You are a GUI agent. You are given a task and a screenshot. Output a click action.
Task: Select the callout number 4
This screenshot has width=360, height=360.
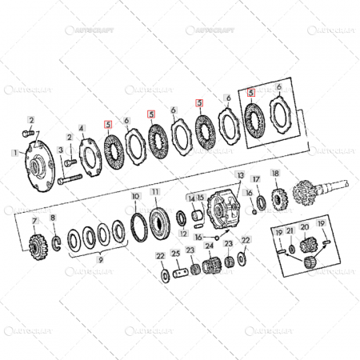pos(81,127)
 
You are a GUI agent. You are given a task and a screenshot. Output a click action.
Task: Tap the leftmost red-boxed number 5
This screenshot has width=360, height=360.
pos(107,124)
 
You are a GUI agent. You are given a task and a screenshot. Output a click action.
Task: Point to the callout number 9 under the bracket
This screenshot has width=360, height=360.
pos(100,260)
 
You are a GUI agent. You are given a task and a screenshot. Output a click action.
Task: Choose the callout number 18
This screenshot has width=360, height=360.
pos(275,174)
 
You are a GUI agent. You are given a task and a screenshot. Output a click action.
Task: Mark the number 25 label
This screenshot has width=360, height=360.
pos(176,254)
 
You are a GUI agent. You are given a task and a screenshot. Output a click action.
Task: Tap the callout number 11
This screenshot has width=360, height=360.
pos(154,193)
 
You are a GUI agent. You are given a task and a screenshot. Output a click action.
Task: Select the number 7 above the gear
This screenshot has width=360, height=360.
pos(34,219)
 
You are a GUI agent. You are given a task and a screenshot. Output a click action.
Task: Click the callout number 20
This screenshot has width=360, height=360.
pos(304,226)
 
